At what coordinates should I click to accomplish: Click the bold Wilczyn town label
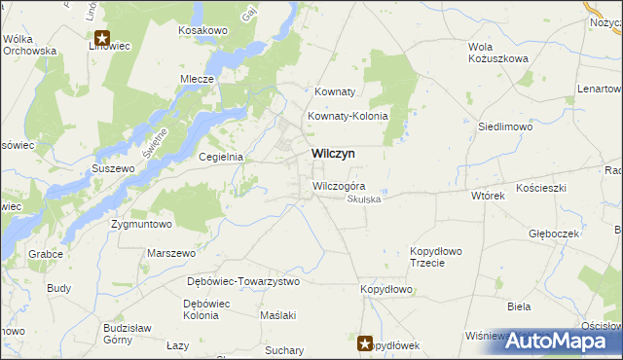(333, 154)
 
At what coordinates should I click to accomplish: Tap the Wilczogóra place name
(339, 186)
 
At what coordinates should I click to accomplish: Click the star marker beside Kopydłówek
(366, 342)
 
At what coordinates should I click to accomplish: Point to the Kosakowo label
(202, 31)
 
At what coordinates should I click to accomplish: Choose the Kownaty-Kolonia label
(348, 116)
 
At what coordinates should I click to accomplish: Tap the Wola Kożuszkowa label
(498, 53)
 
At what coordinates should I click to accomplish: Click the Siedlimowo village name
(503, 126)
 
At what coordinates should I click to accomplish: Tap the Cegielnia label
(220, 157)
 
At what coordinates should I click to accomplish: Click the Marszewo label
(171, 253)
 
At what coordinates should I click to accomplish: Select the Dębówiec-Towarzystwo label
(243, 281)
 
